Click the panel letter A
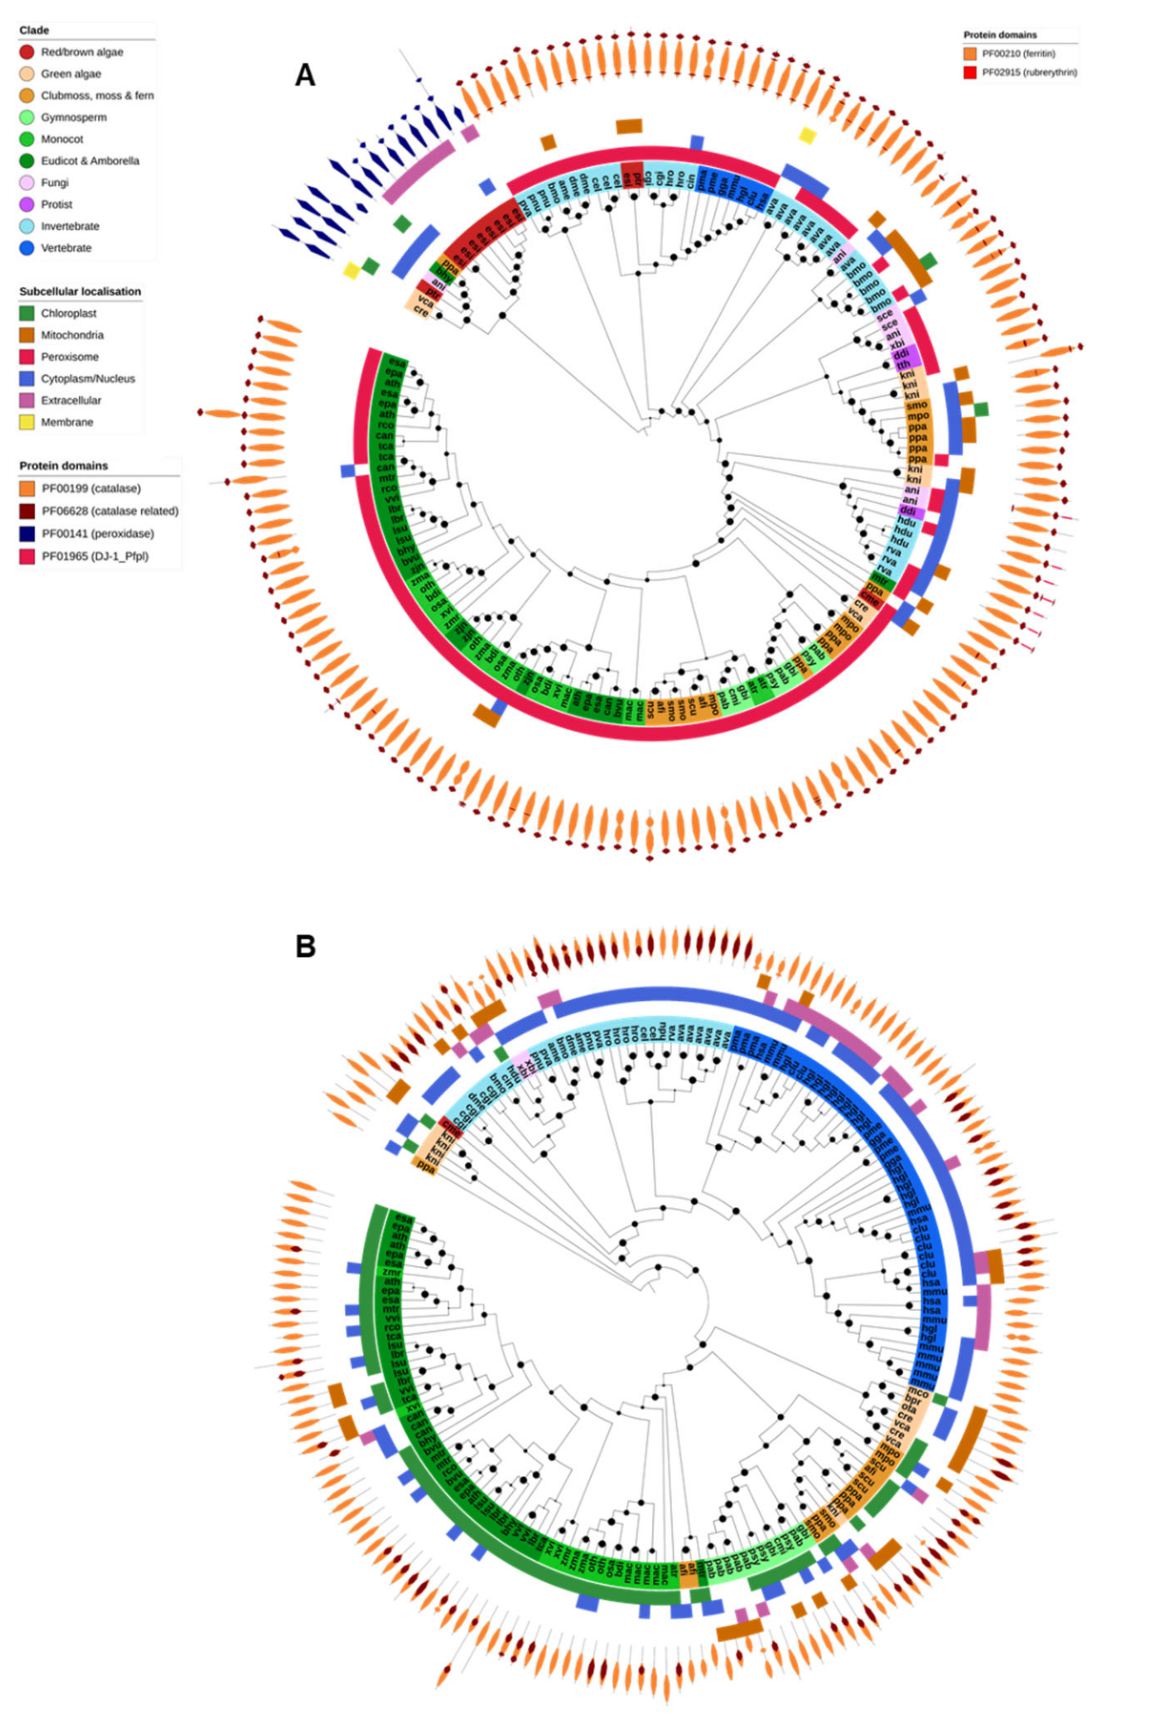(x=305, y=75)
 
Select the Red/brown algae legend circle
(x=27, y=52)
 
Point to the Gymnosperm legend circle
(x=27, y=117)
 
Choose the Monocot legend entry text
(x=62, y=139)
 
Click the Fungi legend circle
(x=27, y=182)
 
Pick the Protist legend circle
(x=27, y=204)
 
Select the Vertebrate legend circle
(x=27, y=248)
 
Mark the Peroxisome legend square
(x=27, y=357)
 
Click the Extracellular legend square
(x=27, y=400)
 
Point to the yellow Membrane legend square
(x=27, y=422)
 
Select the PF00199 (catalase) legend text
(x=90, y=488)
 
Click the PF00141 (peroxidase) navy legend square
(x=27, y=533)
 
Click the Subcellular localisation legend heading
(x=80, y=292)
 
